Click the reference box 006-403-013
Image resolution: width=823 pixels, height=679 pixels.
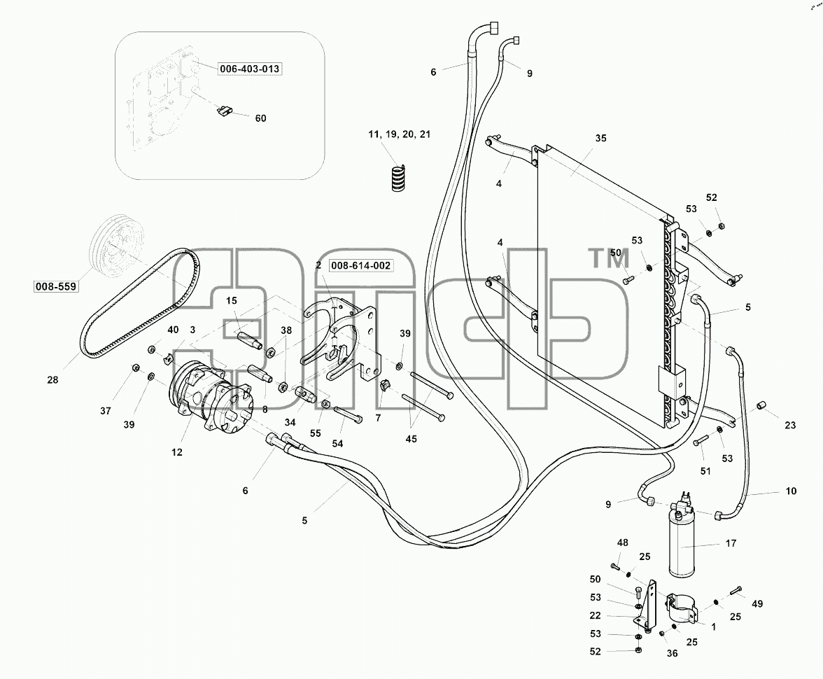click(x=249, y=69)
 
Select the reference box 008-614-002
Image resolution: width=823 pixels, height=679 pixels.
click(x=360, y=265)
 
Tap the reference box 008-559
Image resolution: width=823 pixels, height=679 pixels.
click(x=56, y=286)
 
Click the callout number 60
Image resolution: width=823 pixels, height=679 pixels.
click(x=261, y=118)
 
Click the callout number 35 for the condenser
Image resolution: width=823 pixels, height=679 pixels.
click(x=601, y=138)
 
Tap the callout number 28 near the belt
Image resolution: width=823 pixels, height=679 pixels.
click(x=52, y=379)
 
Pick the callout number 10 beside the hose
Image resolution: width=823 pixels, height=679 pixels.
click(x=791, y=491)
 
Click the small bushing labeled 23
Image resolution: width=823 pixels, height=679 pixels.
click(x=761, y=406)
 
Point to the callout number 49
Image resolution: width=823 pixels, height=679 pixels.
click(x=757, y=604)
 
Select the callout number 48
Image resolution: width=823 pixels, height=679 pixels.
click(x=623, y=542)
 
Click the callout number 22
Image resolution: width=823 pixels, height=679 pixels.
click(x=595, y=615)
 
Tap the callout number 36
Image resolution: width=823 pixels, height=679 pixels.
click(x=673, y=653)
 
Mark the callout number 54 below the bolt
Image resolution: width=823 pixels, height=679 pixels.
click(x=337, y=444)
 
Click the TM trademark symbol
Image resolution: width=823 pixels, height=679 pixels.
click(x=610, y=259)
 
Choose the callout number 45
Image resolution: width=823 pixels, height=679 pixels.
click(x=411, y=439)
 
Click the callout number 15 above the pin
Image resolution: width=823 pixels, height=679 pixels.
click(x=232, y=301)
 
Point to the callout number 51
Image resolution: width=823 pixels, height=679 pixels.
click(x=705, y=472)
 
